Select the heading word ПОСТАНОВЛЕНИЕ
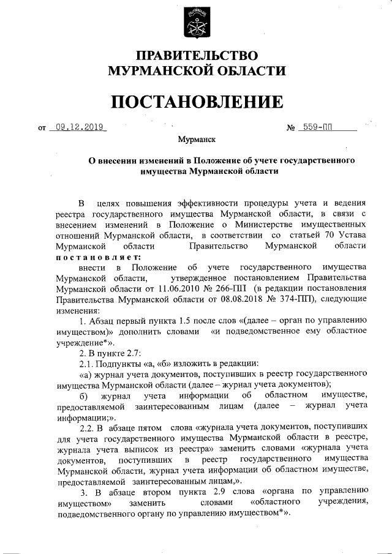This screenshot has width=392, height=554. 196,102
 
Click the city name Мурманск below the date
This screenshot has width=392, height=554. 196,141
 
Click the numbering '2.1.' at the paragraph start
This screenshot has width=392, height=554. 88,363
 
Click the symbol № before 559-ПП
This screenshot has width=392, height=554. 291,129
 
